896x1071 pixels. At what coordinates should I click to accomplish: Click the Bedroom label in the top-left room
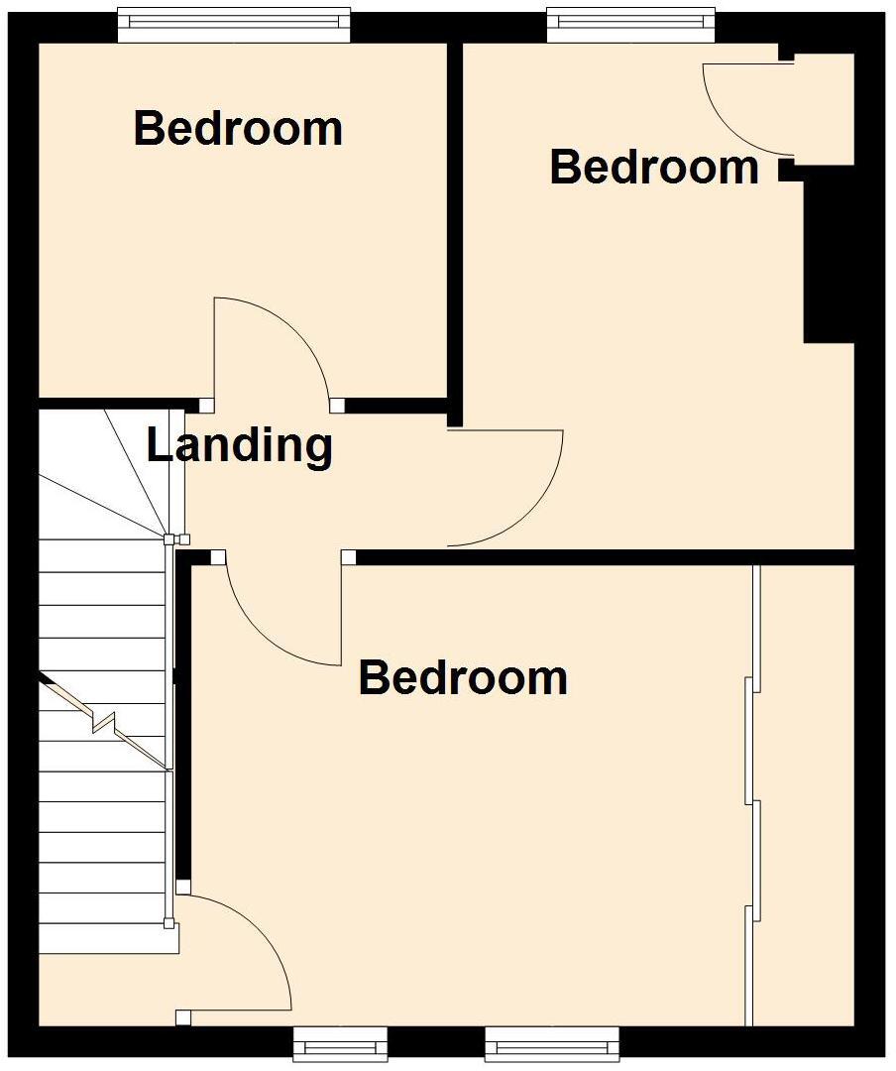(x=238, y=129)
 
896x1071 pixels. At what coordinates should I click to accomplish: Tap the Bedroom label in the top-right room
(x=654, y=167)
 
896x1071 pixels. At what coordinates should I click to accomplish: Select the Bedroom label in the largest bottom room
(x=463, y=678)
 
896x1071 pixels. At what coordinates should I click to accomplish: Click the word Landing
(x=239, y=445)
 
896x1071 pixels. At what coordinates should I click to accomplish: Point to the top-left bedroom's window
(x=234, y=25)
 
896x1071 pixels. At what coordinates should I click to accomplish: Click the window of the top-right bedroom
(x=630, y=25)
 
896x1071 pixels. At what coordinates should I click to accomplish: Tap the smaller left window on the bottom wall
(x=339, y=1043)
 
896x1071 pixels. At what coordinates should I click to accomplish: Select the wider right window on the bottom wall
(x=552, y=1043)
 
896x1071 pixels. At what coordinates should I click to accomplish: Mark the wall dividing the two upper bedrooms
(x=455, y=228)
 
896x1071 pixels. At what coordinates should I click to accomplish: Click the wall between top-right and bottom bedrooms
(x=605, y=557)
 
